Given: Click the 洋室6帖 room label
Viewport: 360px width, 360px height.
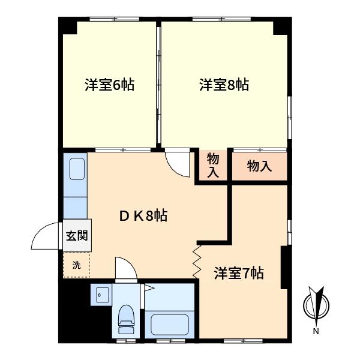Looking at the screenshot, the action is click(110, 85).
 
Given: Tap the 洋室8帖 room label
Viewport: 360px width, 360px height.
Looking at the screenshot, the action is click(224, 85).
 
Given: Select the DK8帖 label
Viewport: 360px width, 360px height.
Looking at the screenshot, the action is click(143, 215).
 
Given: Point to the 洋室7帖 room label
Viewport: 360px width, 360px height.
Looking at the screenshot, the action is click(239, 273).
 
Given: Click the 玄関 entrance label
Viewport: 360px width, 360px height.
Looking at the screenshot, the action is click(77, 236).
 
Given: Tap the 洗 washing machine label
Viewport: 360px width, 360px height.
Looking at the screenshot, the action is click(76, 265).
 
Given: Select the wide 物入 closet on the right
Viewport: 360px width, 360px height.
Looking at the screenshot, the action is click(259, 166).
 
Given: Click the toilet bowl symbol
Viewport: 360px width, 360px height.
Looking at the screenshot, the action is click(126, 319).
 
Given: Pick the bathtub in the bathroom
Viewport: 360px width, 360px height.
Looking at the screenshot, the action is click(170, 325).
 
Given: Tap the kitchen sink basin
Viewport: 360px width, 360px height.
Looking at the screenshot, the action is click(77, 169).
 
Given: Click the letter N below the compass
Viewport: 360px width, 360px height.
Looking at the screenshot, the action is click(316, 331).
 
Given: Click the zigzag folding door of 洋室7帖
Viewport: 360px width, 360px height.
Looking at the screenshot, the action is click(197, 262).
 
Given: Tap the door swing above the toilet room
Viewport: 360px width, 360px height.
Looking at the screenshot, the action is click(126, 268).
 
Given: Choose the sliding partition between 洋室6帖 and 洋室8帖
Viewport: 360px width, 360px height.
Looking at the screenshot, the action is click(158, 85).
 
